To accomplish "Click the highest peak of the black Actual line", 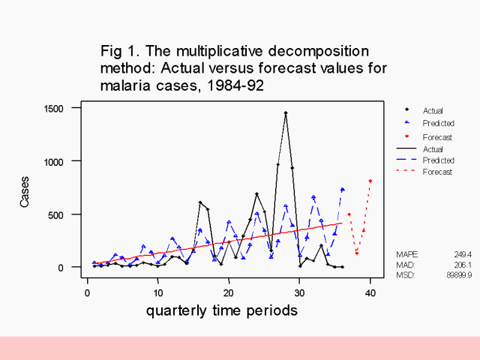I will coord(286,113).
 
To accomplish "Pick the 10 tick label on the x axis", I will coord(158,292).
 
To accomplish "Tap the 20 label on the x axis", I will coord(229,292).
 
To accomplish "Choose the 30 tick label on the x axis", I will coord(299,292).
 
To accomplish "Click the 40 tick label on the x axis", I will coord(370,292).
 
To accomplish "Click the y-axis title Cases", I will coord(26,192).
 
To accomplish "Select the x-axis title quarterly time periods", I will coord(221,310).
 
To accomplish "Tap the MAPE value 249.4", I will coord(462,254).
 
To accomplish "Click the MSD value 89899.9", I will coord(458,275).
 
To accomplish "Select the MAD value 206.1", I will coord(462,265).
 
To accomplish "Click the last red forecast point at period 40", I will coord(370,181).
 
